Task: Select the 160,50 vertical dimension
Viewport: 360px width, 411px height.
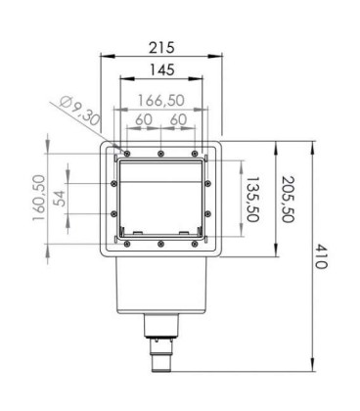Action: pos(39,200)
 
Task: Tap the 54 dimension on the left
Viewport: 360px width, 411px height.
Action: pos(59,198)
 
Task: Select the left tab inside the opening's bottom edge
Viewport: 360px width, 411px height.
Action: pos(138,233)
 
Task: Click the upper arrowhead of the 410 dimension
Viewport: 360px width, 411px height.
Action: pos(310,145)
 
